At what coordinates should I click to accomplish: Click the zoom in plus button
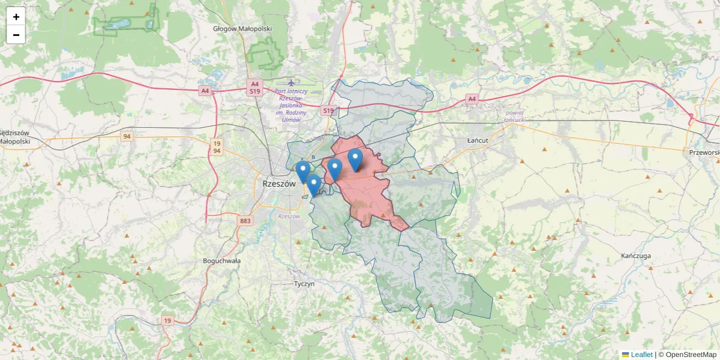click(16, 17)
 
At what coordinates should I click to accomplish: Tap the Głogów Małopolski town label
click(242, 29)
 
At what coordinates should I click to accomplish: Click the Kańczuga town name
click(637, 256)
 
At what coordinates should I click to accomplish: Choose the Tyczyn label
click(304, 284)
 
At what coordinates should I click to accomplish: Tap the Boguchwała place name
click(222, 261)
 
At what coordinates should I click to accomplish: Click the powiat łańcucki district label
click(514, 116)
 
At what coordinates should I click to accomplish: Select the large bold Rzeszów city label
click(279, 184)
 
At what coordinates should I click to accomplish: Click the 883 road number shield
click(245, 221)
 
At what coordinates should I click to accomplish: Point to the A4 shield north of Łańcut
click(472, 99)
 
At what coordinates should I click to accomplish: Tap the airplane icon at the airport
click(292, 82)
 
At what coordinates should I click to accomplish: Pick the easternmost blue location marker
click(355, 160)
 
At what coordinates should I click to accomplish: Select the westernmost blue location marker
click(303, 171)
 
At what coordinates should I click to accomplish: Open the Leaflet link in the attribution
click(641, 355)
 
